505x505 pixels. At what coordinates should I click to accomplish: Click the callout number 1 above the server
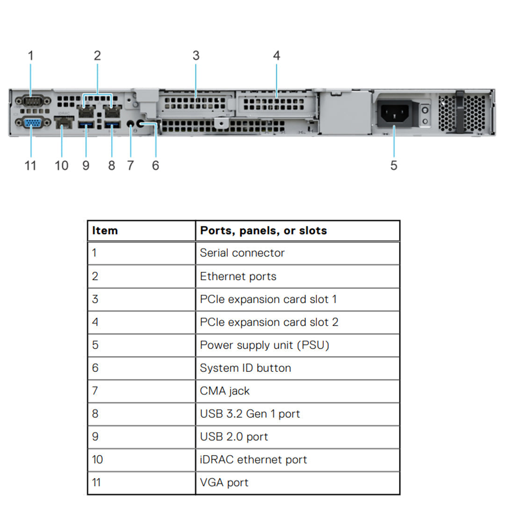[x=31, y=56]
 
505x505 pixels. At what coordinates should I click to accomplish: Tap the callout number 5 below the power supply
[x=394, y=165]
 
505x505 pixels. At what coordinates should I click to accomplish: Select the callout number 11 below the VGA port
[x=30, y=165]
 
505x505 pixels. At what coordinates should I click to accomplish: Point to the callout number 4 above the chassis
[x=277, y=56]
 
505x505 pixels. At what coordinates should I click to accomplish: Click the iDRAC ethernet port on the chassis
[x=64, y=123]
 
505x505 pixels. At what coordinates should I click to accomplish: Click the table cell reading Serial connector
[x=242, y=253]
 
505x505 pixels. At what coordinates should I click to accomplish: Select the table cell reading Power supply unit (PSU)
[x=265, y=345]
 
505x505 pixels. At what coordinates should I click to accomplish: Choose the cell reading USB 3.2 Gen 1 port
[x=250, y=414]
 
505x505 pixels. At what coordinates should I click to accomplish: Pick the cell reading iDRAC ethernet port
[x=253, y=460]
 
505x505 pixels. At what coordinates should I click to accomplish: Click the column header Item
[x=105, y=231]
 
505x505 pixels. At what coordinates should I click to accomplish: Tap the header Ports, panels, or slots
[x=263, y=231]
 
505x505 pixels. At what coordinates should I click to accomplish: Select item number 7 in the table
[x=95, y=391]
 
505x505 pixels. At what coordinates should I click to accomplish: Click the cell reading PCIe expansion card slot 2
[x=269, y=322]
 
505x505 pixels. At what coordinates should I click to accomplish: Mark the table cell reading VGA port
[x=224, y=483]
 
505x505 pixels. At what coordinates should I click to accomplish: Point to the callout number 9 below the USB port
[x=86, y=165]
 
